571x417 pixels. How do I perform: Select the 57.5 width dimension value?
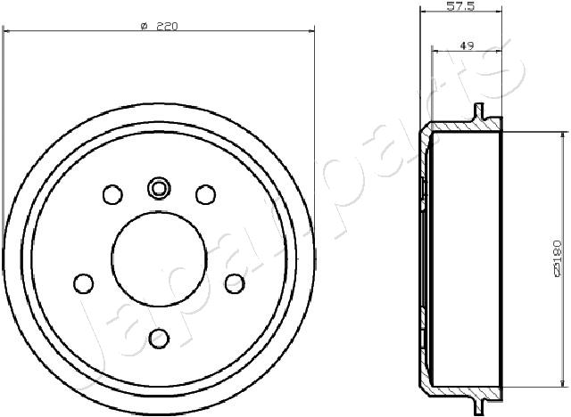460,6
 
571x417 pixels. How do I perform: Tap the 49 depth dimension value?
467,45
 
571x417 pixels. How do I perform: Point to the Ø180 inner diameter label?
557,258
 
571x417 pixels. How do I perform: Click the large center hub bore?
159,259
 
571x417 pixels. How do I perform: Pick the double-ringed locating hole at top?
159,188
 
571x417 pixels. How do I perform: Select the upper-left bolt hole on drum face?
112,194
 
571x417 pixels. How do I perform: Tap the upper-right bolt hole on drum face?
206,194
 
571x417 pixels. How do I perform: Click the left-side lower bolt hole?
83,283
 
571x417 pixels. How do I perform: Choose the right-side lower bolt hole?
235,283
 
